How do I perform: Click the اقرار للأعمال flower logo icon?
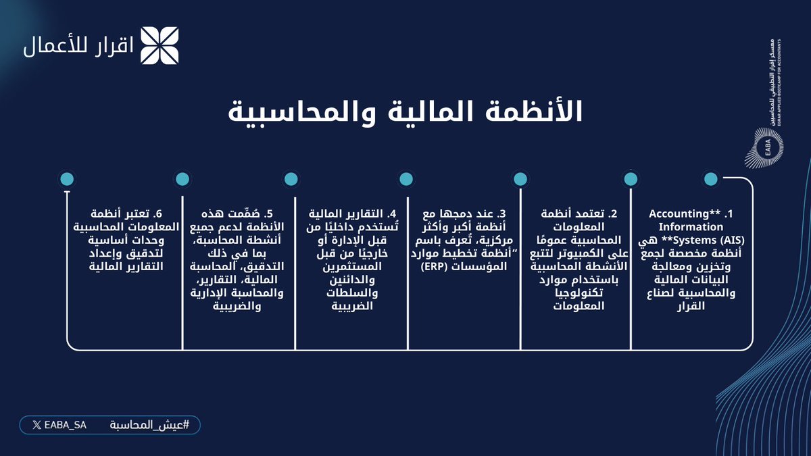click(159, 45)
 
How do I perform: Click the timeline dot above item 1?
click(710, 179)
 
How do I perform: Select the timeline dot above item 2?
click(630, 179)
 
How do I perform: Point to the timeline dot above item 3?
click(520, 179)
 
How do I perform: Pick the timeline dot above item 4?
click(405, 179)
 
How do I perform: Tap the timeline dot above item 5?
click(291, 179)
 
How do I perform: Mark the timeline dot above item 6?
click(181, 179)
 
